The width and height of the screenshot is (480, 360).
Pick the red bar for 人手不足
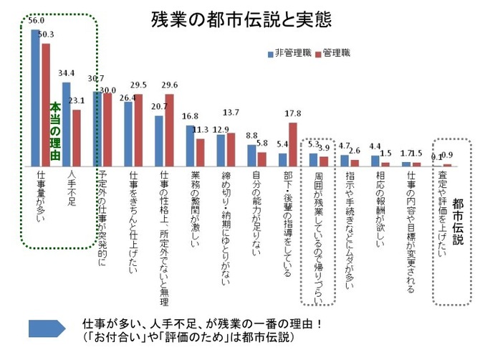[x=77, y=137]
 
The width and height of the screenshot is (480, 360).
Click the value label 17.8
[x=292, y=113]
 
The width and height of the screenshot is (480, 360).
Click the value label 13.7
[x=231, y=113]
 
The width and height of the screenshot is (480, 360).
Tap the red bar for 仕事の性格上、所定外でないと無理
[x=169, y=129]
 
